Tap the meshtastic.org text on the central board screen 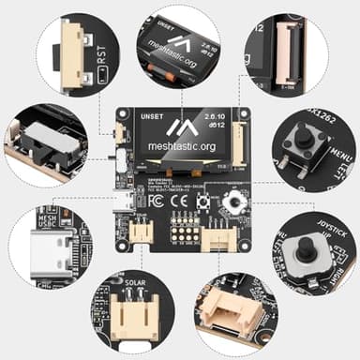pyautogui.click(x=181, y=147)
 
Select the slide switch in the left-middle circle pyautogui.click(x=42, y=142)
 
